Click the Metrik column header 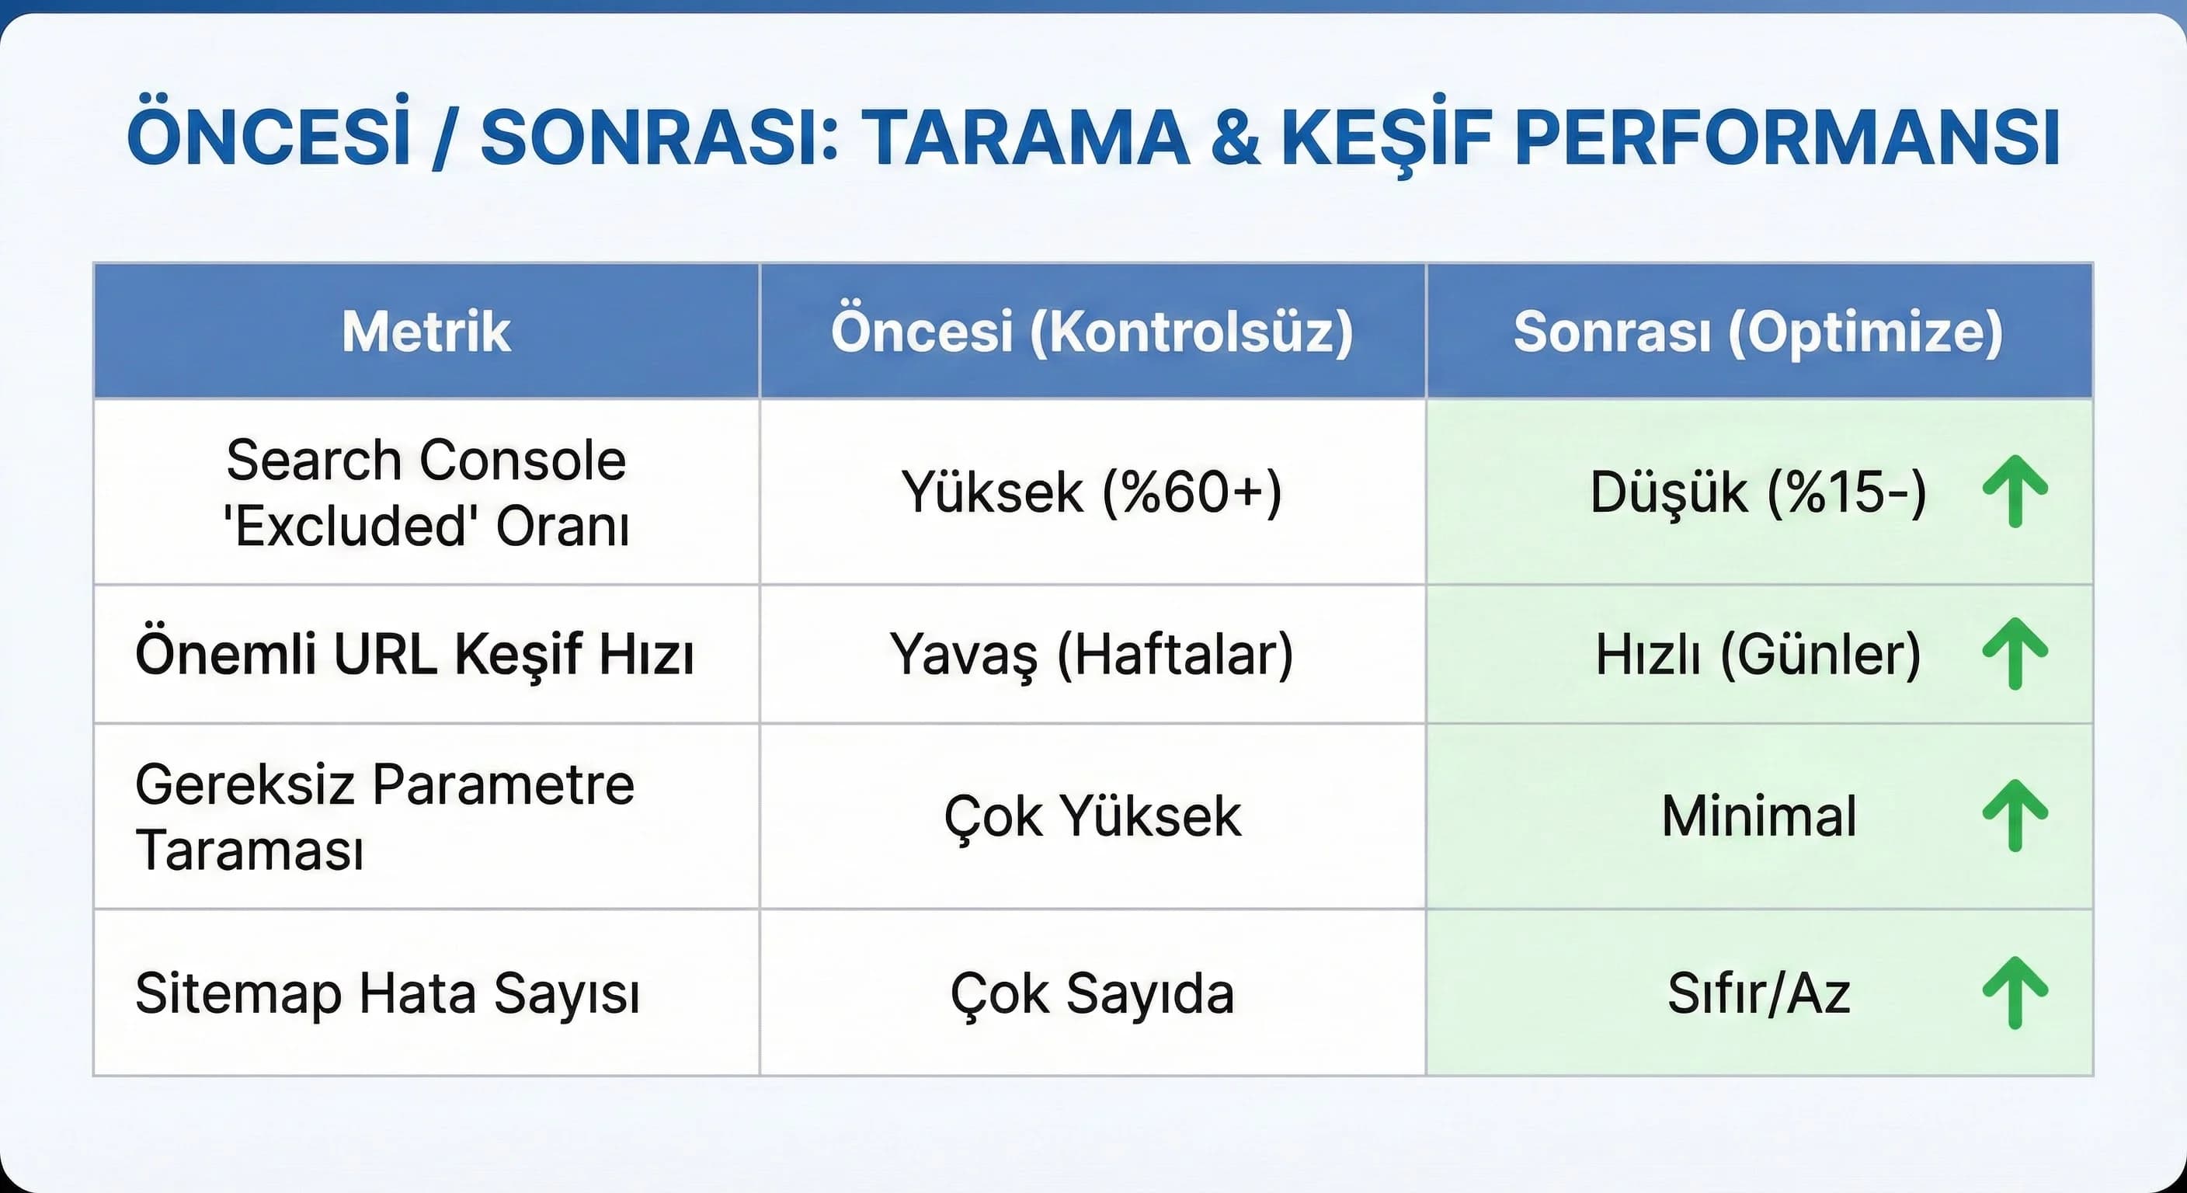pos(426,331)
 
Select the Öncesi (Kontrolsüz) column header pos(1092,331)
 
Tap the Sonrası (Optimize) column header pos(1758,331)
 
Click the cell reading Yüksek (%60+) pos(1092,492)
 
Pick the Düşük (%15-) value pos(1758,492)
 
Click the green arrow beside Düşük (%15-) pos(2015,492)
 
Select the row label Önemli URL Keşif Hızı pos(414,655)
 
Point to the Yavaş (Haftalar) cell pos(1092,655)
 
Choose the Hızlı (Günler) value pos(1758,655)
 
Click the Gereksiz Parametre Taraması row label pos(384,817)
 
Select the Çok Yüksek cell pos(1093,817)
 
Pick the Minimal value pos(1758,817)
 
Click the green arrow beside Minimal pos(2015,816)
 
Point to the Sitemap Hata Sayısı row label pos(387,993)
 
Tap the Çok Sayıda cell pos(1092,993)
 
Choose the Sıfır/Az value pos(1758,993)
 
